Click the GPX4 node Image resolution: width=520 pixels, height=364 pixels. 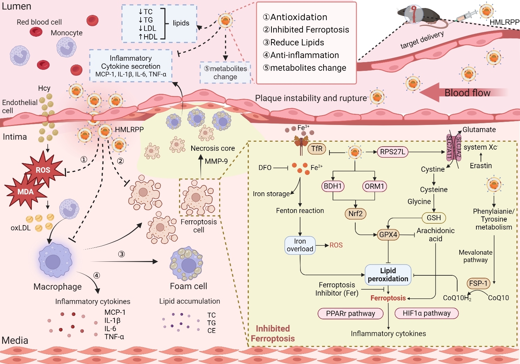[x=388, y=235]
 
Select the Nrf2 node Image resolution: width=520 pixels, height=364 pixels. [x=355, y=214]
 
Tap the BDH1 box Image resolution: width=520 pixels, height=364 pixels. [x=333, y=186]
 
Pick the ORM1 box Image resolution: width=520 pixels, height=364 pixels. [x=374, y=186]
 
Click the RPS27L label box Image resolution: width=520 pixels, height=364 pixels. [x=393, y=152]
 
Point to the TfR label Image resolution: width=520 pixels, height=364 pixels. [x=317, y=149]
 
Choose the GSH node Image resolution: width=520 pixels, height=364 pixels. [x=434, y=218]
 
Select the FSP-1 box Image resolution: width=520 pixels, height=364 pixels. [x=478, y=283]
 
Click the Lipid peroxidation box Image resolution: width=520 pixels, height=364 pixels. [x=388, y=275]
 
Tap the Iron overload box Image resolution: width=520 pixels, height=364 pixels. [x=300, y=245]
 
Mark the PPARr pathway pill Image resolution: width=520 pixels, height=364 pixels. [x=350, y=313]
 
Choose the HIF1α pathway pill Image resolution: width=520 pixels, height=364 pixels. [x=426, y=313]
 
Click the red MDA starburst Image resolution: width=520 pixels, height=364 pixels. [x=26, y=192]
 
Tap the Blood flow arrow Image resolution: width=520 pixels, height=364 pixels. [x=461, y=92]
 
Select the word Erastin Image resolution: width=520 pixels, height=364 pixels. [x=481, y=166]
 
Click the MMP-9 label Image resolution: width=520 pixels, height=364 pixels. [x=216, y=161]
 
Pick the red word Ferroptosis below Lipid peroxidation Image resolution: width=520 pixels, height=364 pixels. [x=388, y=298]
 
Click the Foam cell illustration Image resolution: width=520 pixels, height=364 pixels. [x=186, y=263]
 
